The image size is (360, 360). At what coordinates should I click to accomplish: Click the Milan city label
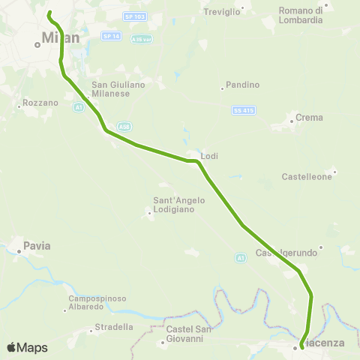pos(60,37)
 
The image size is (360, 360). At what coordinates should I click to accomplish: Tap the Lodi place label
pos(209,155)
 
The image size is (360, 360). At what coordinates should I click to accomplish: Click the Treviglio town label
pos(223,11)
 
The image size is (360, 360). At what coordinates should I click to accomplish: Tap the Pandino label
pos(241,85)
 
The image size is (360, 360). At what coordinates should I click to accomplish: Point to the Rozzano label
pos(36,101)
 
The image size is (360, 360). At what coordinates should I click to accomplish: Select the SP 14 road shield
pos(110,36)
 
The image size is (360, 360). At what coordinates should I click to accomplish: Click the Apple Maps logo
pos(27,347)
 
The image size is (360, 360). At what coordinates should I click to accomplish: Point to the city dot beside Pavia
pos(19,251)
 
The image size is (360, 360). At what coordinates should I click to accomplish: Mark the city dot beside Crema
pos(292,121)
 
